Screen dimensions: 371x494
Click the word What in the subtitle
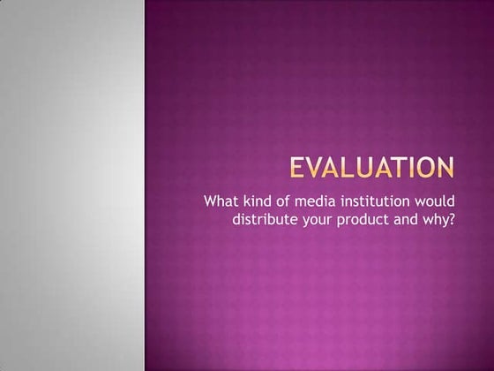tap(220, 199)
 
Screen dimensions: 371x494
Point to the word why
tap(436, 217)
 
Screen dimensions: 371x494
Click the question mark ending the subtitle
tap(451, 216)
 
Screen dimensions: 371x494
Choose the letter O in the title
tap(428, 168)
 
